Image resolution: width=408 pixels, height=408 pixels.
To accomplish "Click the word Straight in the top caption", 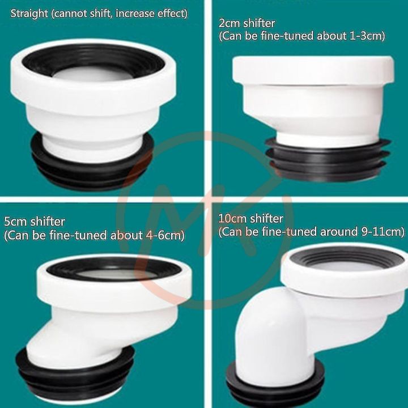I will (x=29, y=12).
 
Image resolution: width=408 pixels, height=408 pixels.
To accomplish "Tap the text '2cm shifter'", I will (x=247, y=24).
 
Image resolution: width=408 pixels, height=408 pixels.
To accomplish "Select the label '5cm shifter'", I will (x=34, y=221).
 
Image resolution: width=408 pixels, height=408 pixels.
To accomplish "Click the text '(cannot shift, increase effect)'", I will (x=119, y=12).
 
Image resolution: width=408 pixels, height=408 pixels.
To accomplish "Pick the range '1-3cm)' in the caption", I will (x=367, y=36).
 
